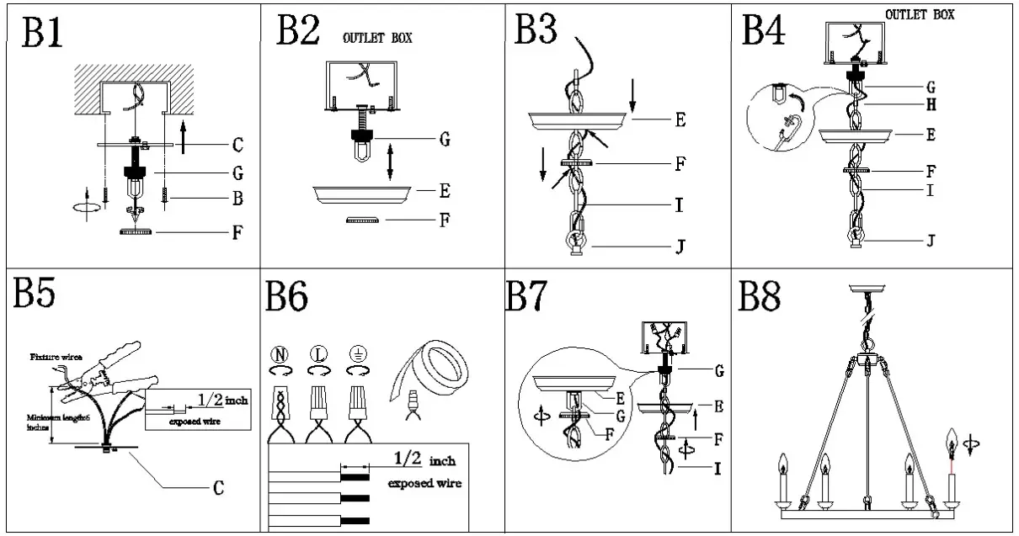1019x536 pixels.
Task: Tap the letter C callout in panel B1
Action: click(237, 146)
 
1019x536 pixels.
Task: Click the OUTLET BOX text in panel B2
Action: click(376, 39)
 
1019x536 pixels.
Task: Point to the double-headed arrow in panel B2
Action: click(390, 162)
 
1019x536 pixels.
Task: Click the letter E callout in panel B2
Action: click(444, 192)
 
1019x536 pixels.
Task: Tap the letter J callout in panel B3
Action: click(679, 247)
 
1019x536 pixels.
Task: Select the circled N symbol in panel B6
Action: click(280, 353)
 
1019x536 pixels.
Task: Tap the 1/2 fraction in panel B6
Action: click(408, 460)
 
